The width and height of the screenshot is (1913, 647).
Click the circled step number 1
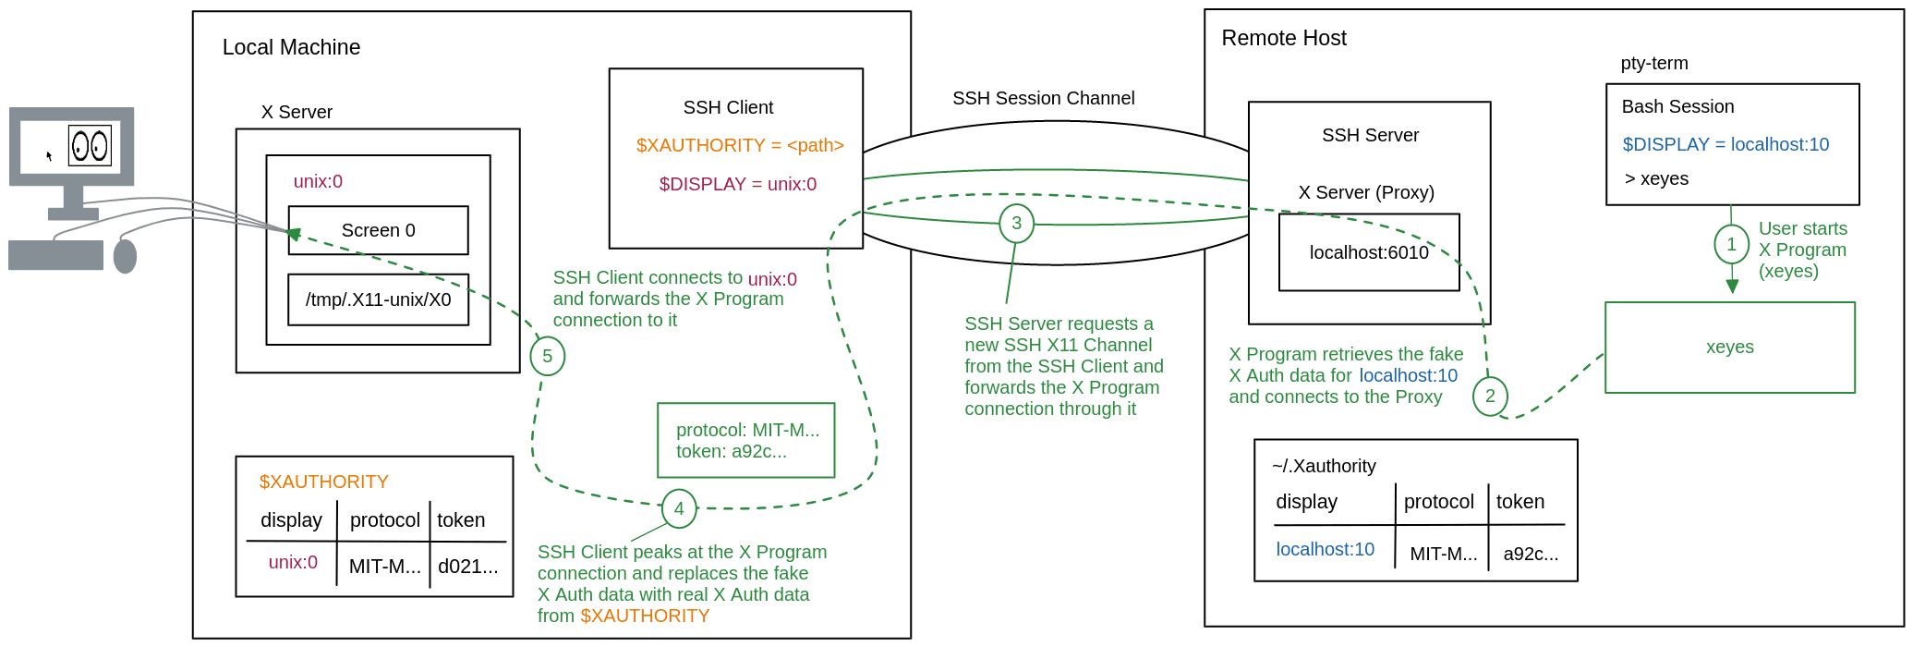tap(1731, 244)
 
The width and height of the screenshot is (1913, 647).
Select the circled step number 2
tap(1490, 397)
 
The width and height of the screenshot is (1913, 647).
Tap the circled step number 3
tap(1016, 223)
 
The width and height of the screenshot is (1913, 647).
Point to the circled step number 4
tap(679, 508)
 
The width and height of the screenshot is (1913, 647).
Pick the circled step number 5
tap(547, 357)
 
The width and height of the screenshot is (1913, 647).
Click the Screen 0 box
tap(378, 230)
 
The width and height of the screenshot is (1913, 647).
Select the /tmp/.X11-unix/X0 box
tap(378, 299)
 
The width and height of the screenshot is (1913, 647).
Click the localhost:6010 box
tap(1368, 252)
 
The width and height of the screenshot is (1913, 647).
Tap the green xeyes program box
tap(1729, 348)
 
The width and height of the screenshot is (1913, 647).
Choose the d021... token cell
tap(467, 567)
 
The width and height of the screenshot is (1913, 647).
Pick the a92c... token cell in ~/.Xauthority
tap(1530, 554)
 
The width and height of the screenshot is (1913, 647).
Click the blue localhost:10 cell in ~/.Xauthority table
tap(1325, 549)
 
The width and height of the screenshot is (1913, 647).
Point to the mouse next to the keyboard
tap(125, 256)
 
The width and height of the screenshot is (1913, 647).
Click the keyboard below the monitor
tap(55, 255)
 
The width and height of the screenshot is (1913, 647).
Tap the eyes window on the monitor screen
tap(90, 146)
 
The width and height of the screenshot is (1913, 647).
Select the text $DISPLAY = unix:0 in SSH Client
tap(737, 184)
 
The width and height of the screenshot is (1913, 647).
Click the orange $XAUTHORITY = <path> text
tap(739, 145)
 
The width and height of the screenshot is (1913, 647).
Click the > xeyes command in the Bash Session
tap(1656, 178)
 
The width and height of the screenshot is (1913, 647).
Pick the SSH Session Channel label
tap(1043, 98)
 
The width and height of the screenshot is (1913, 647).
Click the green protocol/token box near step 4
tap(745, 440)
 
